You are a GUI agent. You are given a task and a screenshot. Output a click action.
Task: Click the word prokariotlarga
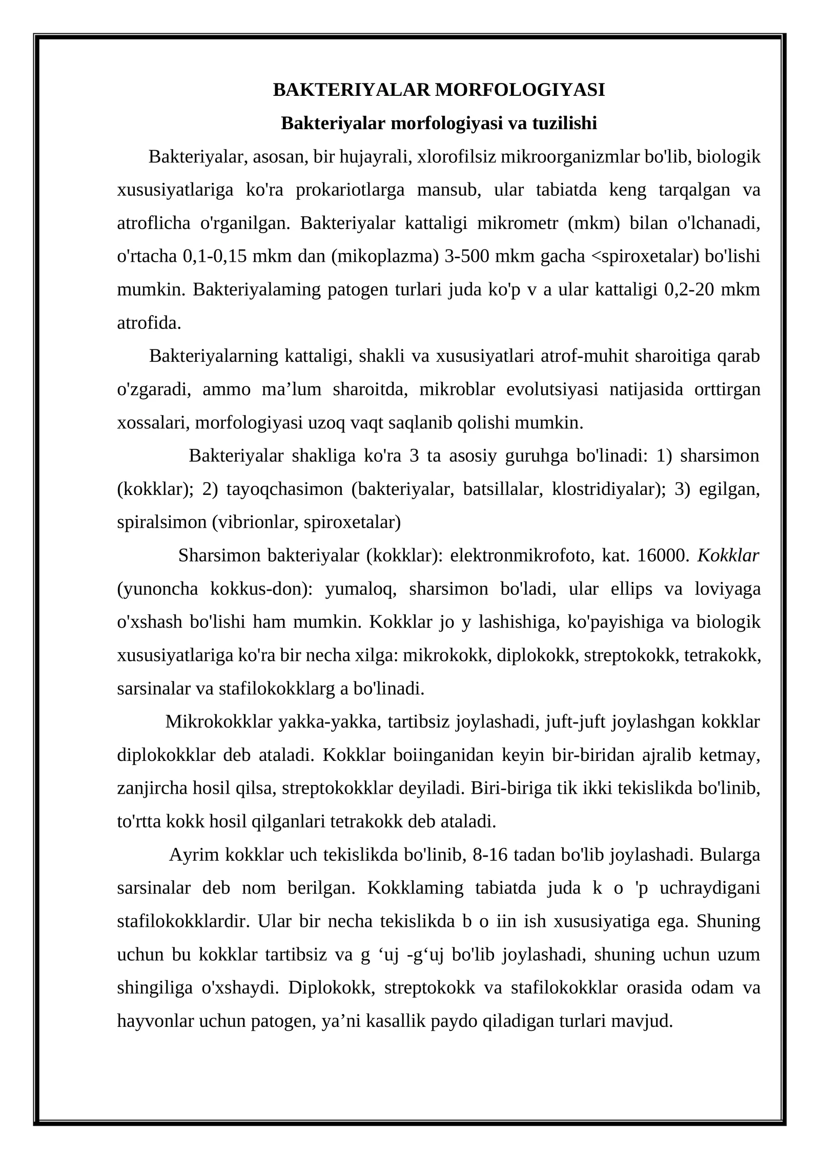(350, 190)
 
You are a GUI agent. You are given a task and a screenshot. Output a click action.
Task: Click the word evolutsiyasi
(552, 390)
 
